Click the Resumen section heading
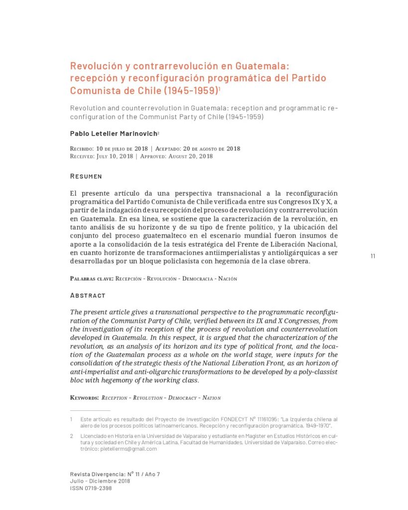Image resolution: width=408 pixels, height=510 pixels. (x=86, y=176)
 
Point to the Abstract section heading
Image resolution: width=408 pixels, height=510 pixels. (x=88, y=295)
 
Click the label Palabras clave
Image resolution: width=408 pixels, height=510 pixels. (x=92, y=278)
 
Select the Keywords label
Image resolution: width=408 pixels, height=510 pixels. (x=84, y=397)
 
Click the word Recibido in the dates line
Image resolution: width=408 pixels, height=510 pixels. (x=82, y=149)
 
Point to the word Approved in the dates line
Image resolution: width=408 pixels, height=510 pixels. (x=154, y=156)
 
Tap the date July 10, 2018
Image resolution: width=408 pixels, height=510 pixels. (x=114, y=156)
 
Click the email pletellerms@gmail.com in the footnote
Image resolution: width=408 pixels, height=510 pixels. (x=129, y=449)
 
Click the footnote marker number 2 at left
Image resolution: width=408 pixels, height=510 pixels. (x=72, y=436)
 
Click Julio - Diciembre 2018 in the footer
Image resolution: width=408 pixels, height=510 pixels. (x=100, y=481)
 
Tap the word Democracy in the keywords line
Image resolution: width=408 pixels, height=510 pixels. (x=183, y=397)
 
